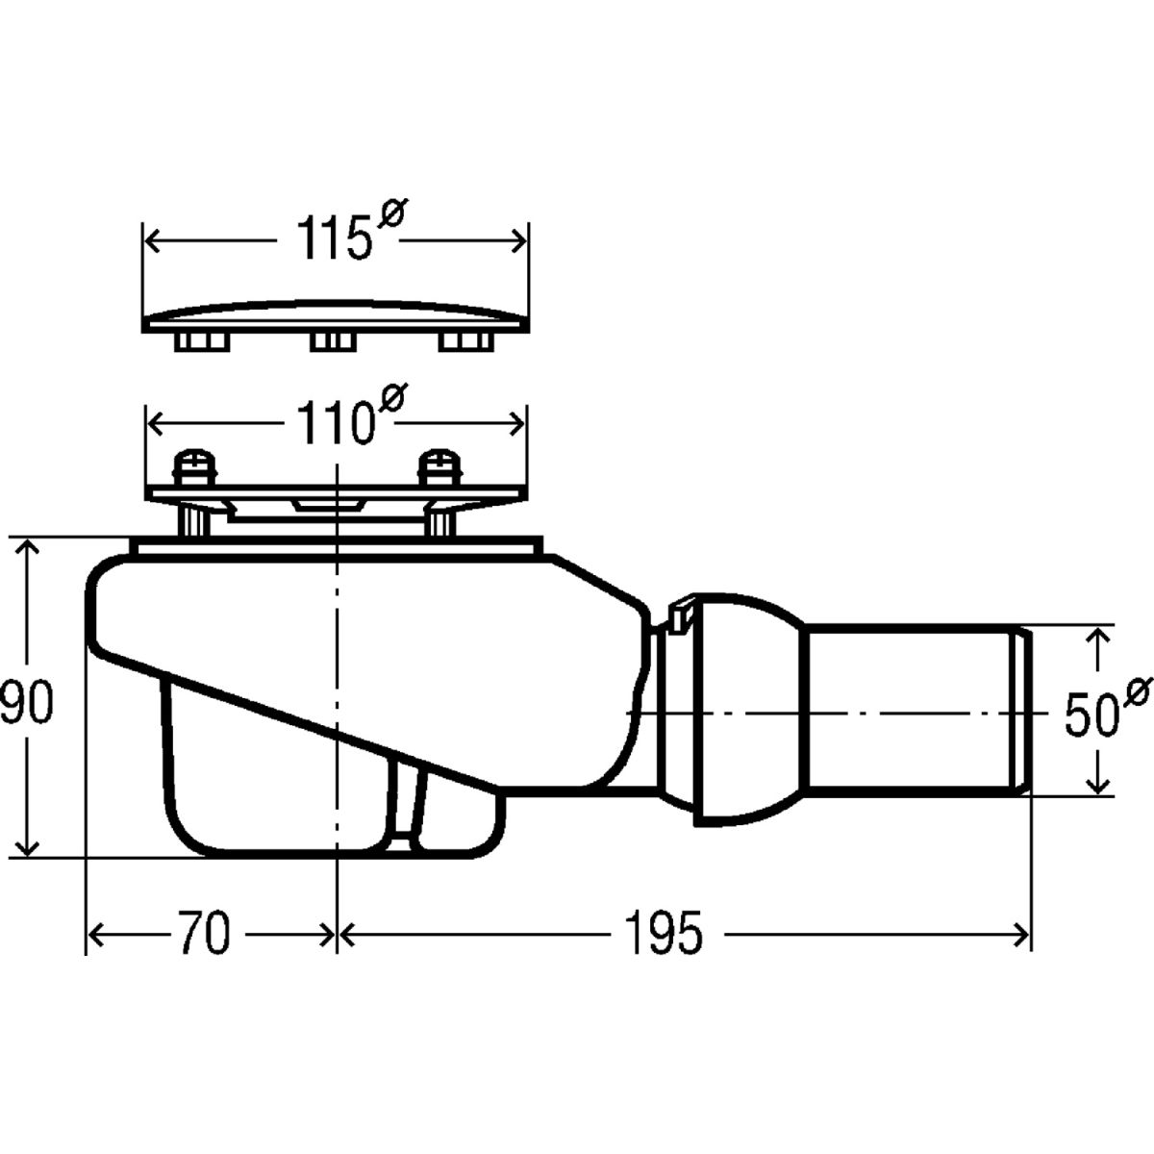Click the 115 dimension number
pos(333,238)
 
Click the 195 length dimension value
pos(663,932)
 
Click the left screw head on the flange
pos(194,468)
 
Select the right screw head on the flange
pos(440,468)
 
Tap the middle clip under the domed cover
pos(333,342)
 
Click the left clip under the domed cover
pos(202,342)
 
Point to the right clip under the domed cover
pos(466,342)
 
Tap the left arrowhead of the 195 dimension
pos(347,934)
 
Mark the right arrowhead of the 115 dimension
pos(518,240)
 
